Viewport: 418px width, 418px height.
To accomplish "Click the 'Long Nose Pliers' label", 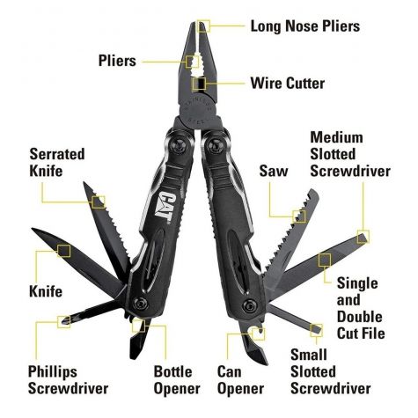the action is [305, 26].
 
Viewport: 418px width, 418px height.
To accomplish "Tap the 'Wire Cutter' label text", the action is [288, 84].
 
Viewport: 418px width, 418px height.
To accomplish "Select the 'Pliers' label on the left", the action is [117, 61].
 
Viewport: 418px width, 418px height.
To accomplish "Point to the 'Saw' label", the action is [274, 171].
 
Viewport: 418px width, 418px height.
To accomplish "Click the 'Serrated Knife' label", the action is [57, 163].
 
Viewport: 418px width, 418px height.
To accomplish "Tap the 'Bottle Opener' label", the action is [177, 380].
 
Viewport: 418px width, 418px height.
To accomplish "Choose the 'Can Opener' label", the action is [240, 380].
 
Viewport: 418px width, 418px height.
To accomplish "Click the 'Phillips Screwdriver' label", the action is [68, 380].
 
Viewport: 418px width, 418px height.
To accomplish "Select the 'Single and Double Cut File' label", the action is [361, 308].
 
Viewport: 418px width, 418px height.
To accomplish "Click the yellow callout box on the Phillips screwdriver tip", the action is [64, 322].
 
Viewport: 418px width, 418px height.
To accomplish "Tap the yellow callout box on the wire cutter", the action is [200, 84].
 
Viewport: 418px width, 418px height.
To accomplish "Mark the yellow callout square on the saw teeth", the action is [299, 216].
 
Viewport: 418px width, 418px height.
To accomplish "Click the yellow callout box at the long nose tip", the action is [203, 26].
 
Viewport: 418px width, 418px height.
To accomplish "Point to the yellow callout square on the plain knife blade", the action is [64, 251].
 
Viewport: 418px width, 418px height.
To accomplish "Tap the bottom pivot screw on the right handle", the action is [249, 306].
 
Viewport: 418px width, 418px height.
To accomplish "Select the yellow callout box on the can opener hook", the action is [258, 334].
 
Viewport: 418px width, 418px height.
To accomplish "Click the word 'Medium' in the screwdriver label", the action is [336, 137].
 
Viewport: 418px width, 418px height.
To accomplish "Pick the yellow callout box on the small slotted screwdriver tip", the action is [317, 331].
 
